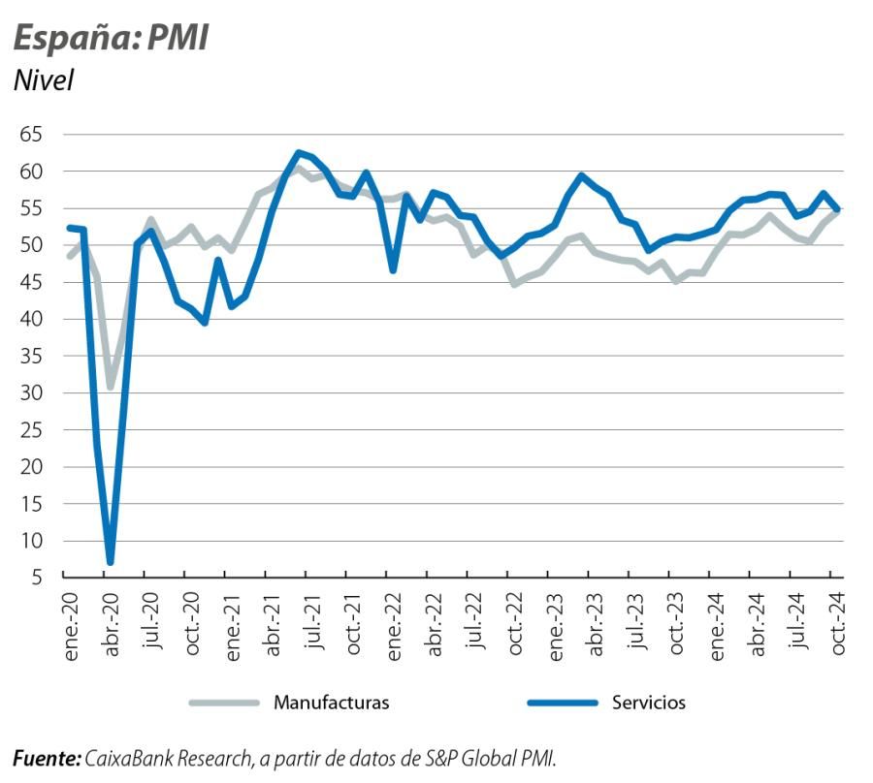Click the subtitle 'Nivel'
(44, 80)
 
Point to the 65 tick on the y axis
(32, 135)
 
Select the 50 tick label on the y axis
(32, 245)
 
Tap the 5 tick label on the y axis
(37, 579)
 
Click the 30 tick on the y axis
(32, 393)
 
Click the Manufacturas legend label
(331, 703)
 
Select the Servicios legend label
(648, 703)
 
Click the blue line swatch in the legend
(561, 703)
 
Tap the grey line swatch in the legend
(224, 703)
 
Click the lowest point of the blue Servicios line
(111, 561)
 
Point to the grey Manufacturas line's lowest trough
(111, 386)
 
